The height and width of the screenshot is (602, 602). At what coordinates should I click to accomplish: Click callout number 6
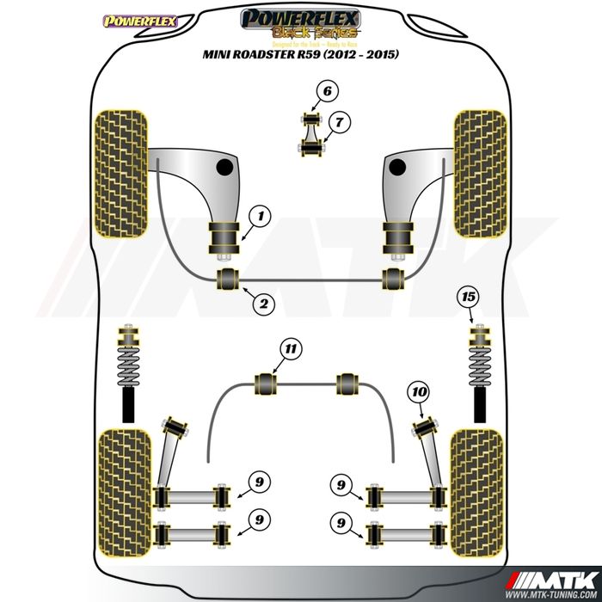coord(327,90)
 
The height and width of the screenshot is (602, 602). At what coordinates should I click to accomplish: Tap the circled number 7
coord(340,123)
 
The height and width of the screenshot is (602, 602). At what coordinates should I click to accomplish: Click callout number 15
coord(468,297)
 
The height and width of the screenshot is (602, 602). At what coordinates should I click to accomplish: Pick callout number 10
coord(419,393)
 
